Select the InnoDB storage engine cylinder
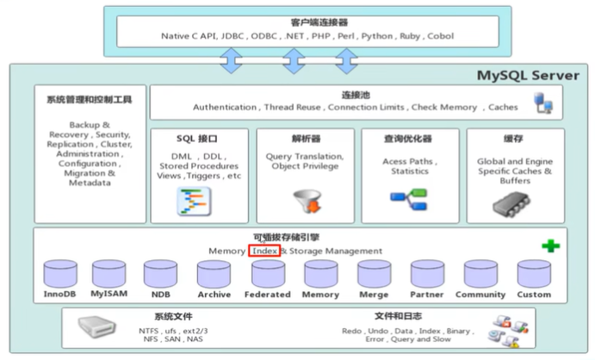point(59,274)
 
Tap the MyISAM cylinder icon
point(109,274)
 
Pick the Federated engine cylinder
point(268,274)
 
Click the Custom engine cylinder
point(533,274)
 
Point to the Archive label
point(214,295)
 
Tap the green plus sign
point(549,246)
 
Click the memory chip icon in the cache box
point(512,203)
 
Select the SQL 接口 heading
point(197,138)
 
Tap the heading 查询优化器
point(408,138)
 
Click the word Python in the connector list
point(376,36)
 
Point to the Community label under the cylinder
point(480,295)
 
